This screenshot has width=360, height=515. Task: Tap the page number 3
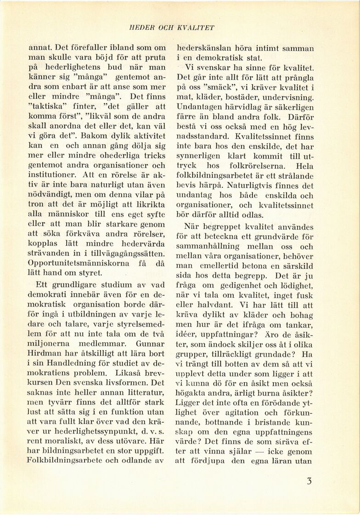pyautogui.click(x=309, y=482)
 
